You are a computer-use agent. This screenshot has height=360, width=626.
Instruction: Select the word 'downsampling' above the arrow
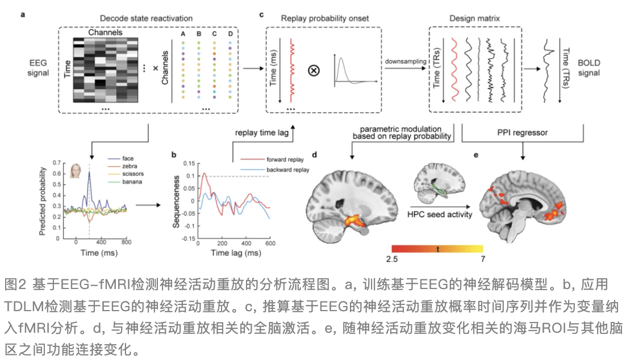click(x=405, y=60)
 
